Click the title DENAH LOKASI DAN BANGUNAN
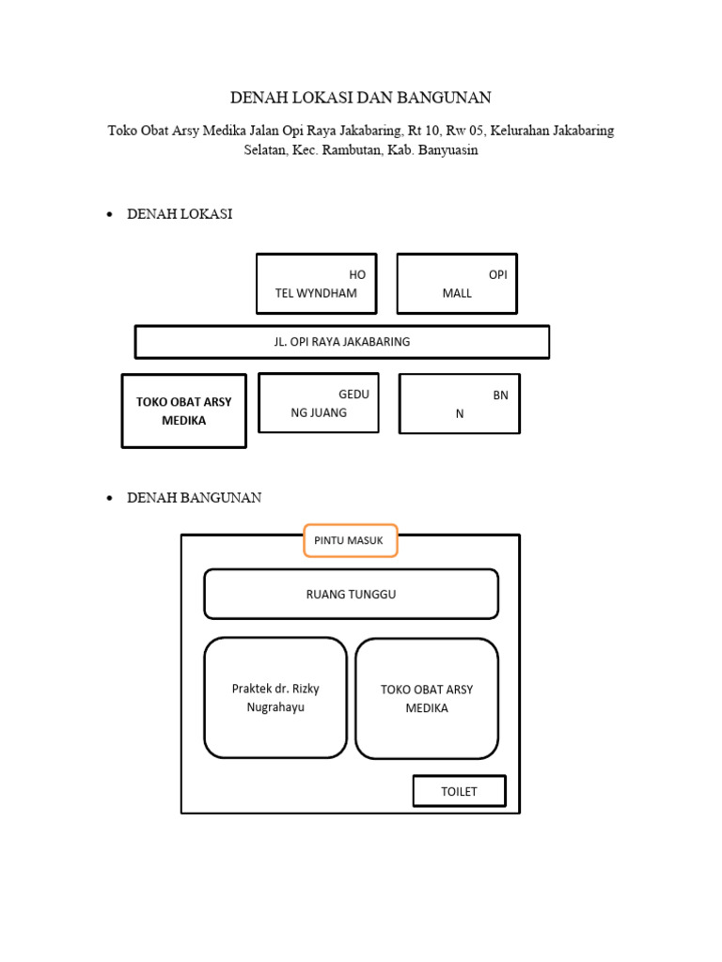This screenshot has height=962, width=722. [361, 98]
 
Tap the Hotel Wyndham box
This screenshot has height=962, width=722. [316, 283]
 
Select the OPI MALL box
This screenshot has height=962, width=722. [457, 283]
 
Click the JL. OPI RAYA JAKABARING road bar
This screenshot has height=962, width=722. [342, 342]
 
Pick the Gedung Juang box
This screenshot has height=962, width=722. [319, 403]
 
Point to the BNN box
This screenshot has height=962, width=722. [460, 404]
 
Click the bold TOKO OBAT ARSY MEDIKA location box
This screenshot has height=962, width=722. [184, 411]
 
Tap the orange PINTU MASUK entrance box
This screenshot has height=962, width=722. [350, 540]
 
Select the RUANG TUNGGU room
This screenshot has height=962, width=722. [351, 594]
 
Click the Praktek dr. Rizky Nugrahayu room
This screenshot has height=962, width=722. [275, 697]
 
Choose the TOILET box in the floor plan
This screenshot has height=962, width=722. [459, 791]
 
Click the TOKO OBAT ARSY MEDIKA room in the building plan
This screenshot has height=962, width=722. [427, 698]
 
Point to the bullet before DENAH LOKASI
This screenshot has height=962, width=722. [109, 215]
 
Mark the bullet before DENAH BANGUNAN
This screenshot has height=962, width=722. [109, 498]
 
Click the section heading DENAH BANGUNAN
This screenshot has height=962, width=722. [195, 498]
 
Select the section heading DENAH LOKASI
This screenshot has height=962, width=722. [180, 215]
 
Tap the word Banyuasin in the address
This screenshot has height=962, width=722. [447, 150]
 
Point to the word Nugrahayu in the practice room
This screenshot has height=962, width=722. [275, 707]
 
